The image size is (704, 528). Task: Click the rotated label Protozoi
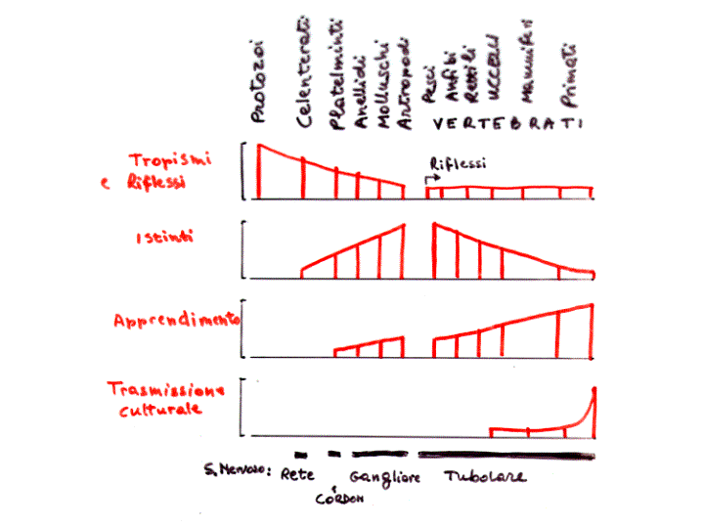[x=258, y=82]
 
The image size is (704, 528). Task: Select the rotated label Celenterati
[x=305, y=74]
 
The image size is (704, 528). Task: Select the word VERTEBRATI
[x=506, y=124]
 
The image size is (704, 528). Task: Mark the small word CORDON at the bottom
[x=339, y=500]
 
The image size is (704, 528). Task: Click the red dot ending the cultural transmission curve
[x=594, y=390]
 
